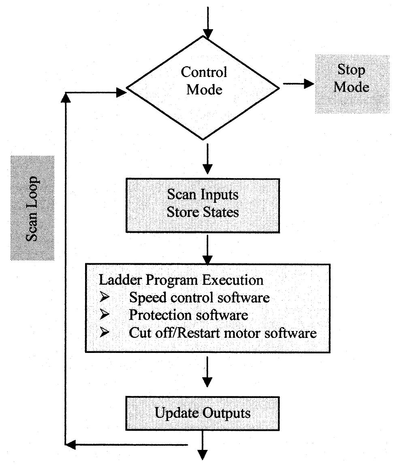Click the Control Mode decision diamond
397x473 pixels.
(203, 88)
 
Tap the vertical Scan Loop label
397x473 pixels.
(32, 208)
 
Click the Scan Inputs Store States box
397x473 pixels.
(203, 203)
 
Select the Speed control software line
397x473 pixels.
(199, 298)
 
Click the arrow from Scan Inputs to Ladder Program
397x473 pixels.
(207, 248)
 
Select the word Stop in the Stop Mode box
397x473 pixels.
(351, 70)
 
